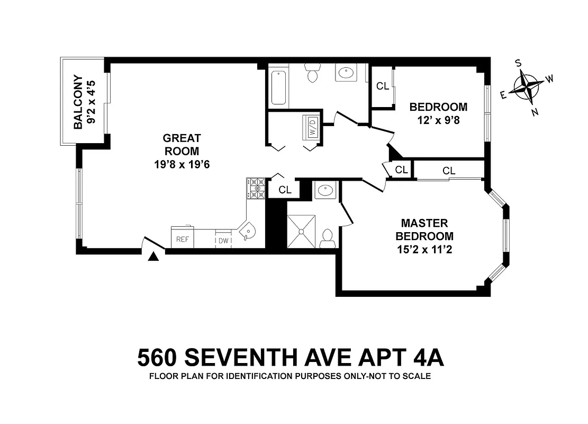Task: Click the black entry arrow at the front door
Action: [153, 257]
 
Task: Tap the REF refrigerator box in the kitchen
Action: [183, 239]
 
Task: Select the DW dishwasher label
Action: [224, 241]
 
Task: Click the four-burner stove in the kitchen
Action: [256, 188]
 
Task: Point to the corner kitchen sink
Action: [247, 232]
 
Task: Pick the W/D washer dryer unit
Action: [312, 127]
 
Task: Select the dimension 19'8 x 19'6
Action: [182, 164]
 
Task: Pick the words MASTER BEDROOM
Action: [424, 229]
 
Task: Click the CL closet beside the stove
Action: [285, 189]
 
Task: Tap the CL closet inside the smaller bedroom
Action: [383, 86]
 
